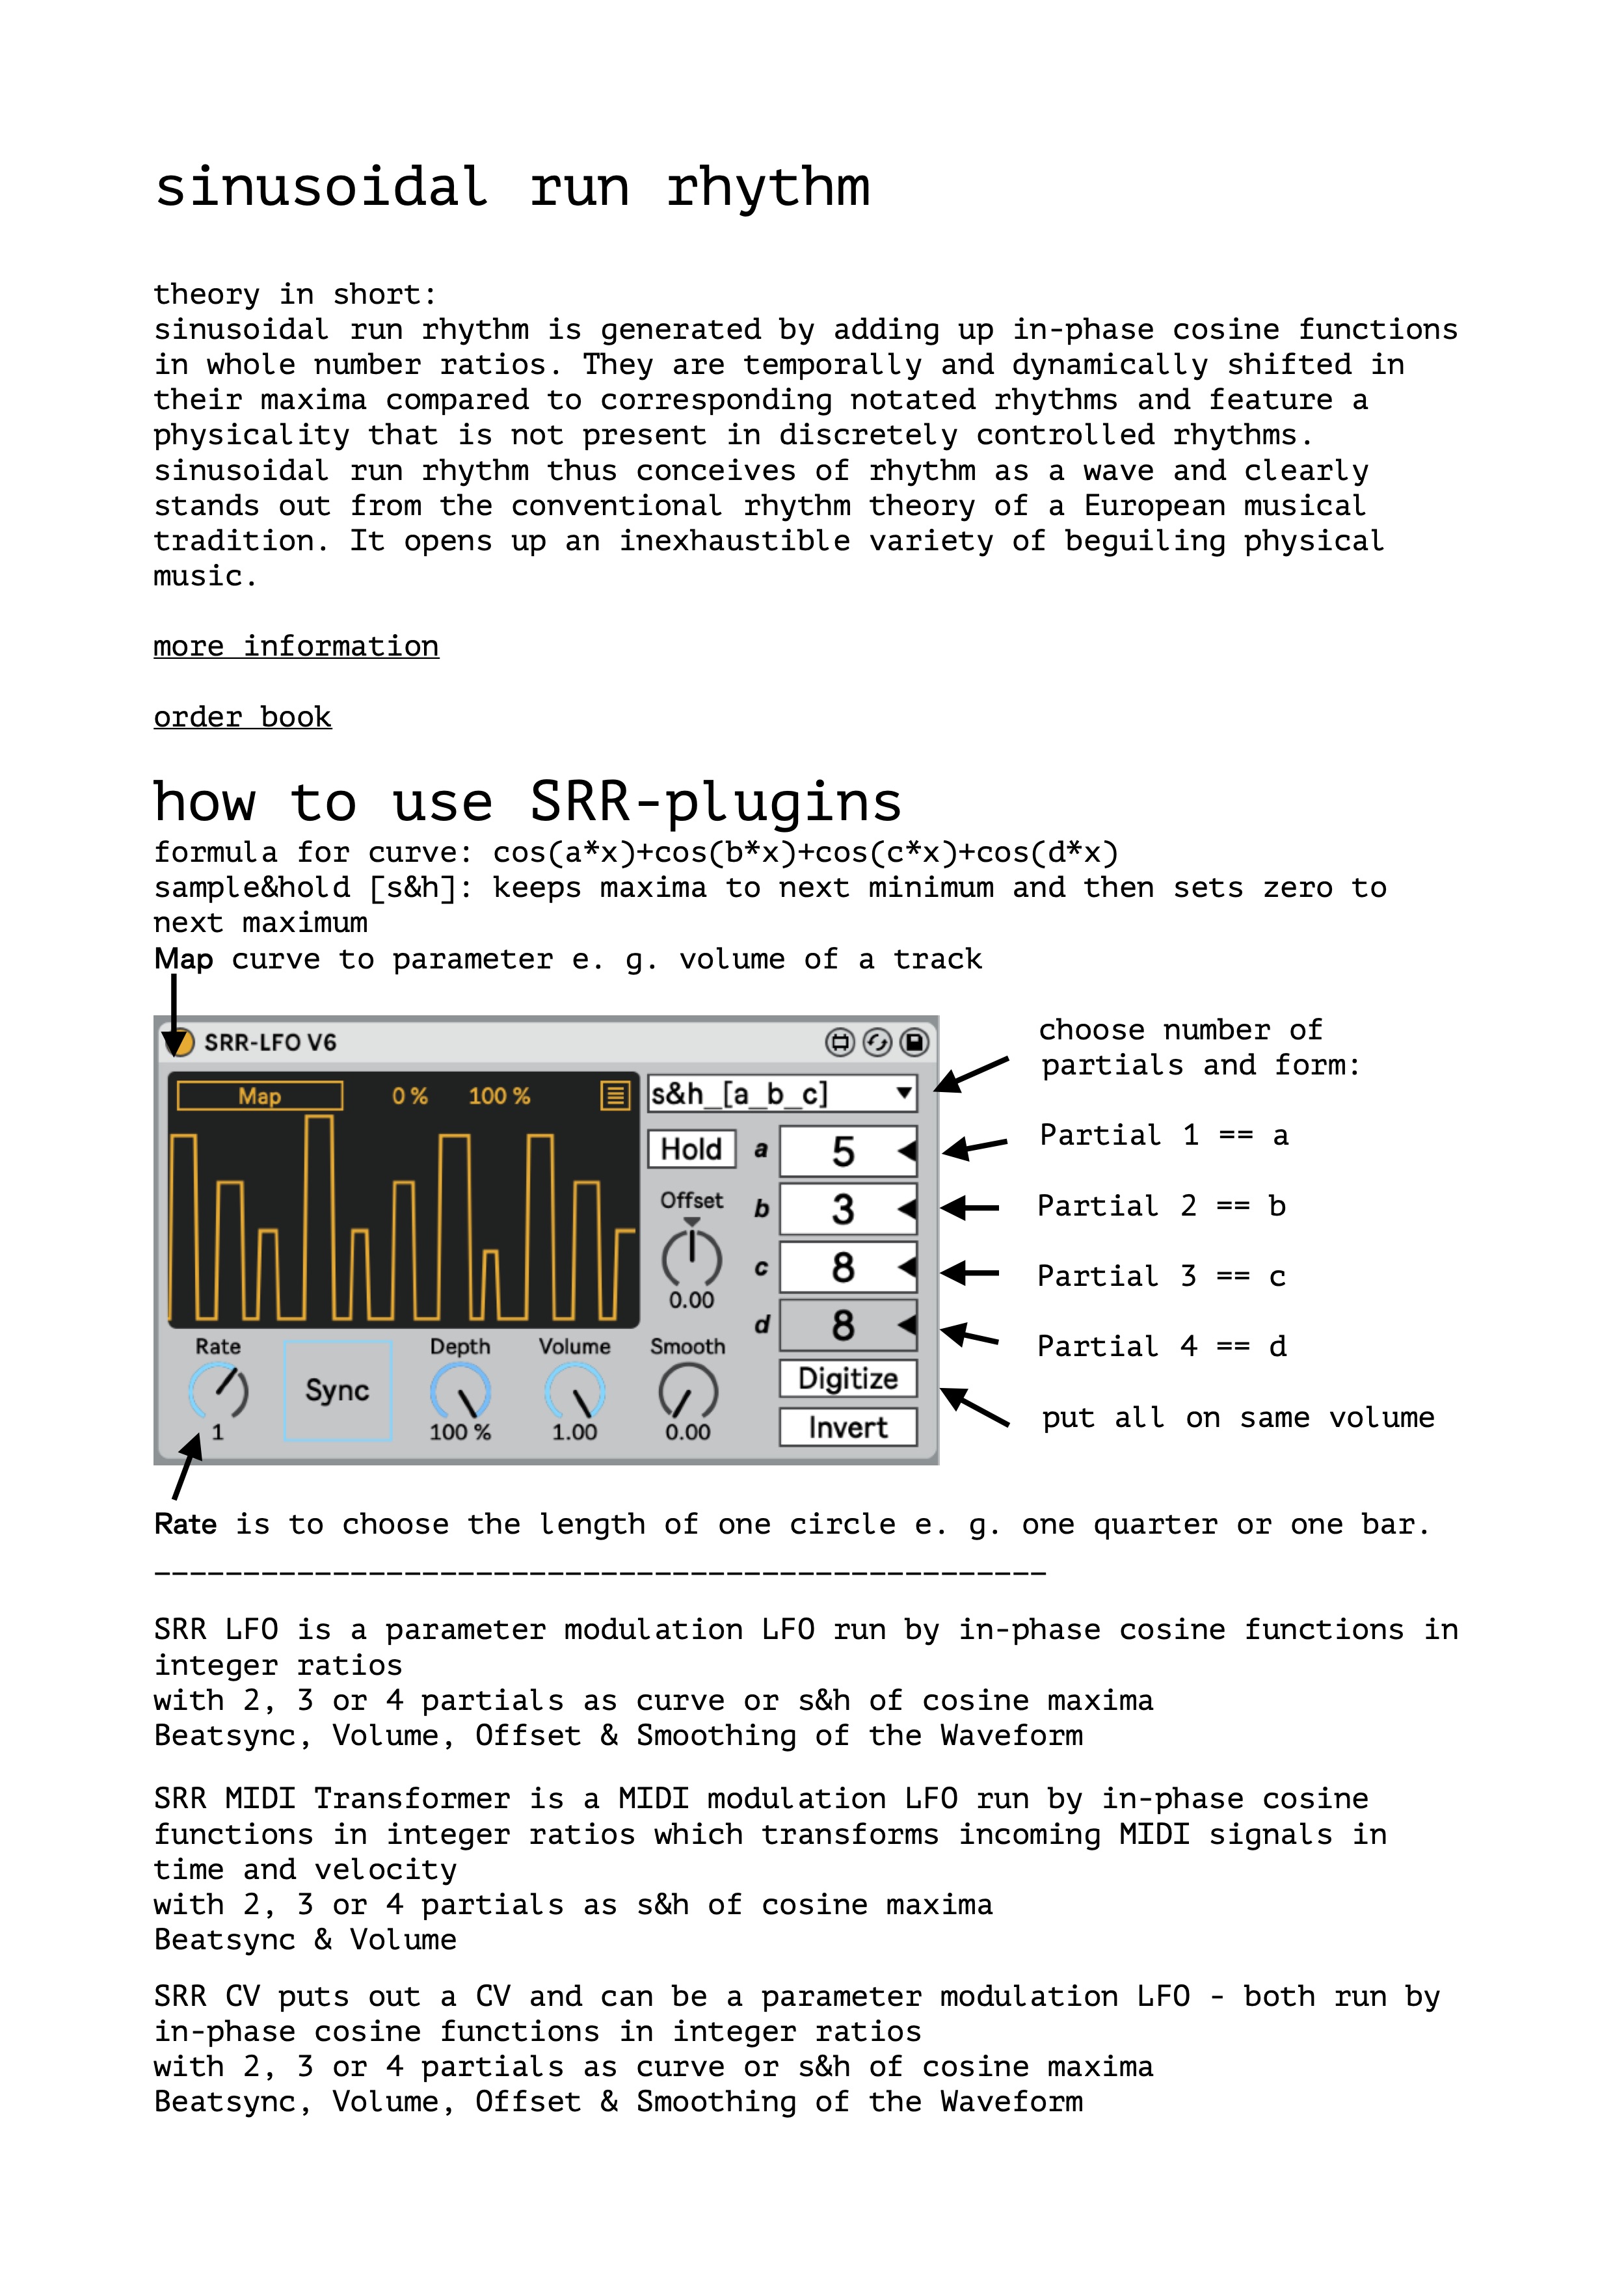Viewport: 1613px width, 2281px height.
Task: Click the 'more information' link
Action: pos(296,647)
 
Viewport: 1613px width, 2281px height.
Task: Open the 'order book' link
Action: pos(243,717)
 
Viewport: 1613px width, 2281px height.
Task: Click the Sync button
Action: pos(338,1390)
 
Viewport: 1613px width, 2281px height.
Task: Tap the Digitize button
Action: pos(847,1379)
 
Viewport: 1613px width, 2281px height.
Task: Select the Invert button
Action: pos(847,1428)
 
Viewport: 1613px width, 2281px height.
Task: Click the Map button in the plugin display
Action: pos(260,1096)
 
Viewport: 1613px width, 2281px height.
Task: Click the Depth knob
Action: pos(460,1391)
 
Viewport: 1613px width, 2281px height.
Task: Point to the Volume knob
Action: pos(574,1391)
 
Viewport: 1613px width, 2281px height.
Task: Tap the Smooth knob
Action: pos(687,1391)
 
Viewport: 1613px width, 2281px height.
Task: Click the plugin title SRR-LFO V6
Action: pos(270,1042)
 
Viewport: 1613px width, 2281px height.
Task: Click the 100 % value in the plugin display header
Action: pos(499,1096)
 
